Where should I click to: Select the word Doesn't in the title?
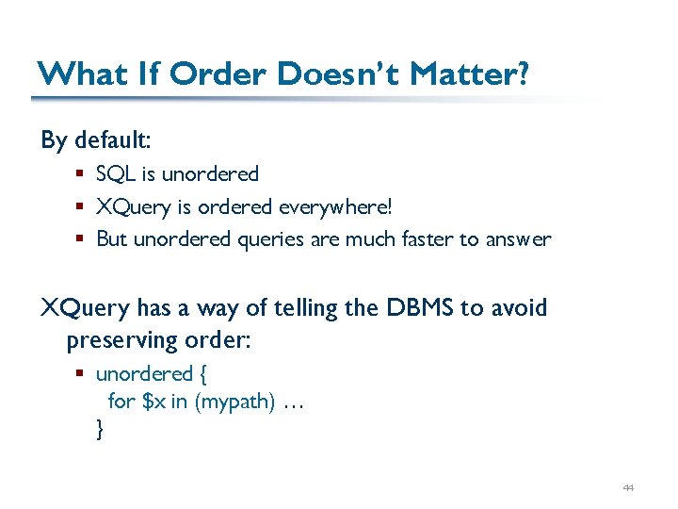point(320,74)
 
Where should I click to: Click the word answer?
point(518,239)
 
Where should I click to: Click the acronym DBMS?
point(421,308)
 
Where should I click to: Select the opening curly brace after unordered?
point(203,374)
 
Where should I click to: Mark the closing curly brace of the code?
point(100,430)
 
